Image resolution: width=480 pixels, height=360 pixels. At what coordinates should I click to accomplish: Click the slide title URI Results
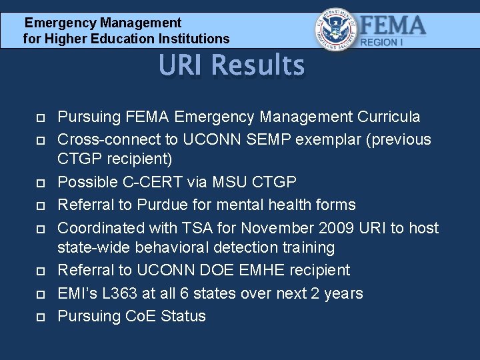231,66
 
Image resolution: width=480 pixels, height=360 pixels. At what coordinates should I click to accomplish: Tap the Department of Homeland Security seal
336,29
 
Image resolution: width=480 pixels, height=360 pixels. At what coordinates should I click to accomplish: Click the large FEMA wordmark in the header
393,26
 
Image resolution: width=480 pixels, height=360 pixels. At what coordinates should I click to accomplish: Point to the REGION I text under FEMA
382,43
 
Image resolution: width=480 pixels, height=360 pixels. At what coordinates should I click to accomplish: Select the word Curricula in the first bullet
389,117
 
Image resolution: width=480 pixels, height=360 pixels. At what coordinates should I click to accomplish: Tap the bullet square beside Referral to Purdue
40,205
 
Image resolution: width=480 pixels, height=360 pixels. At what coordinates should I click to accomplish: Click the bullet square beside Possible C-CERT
40,183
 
